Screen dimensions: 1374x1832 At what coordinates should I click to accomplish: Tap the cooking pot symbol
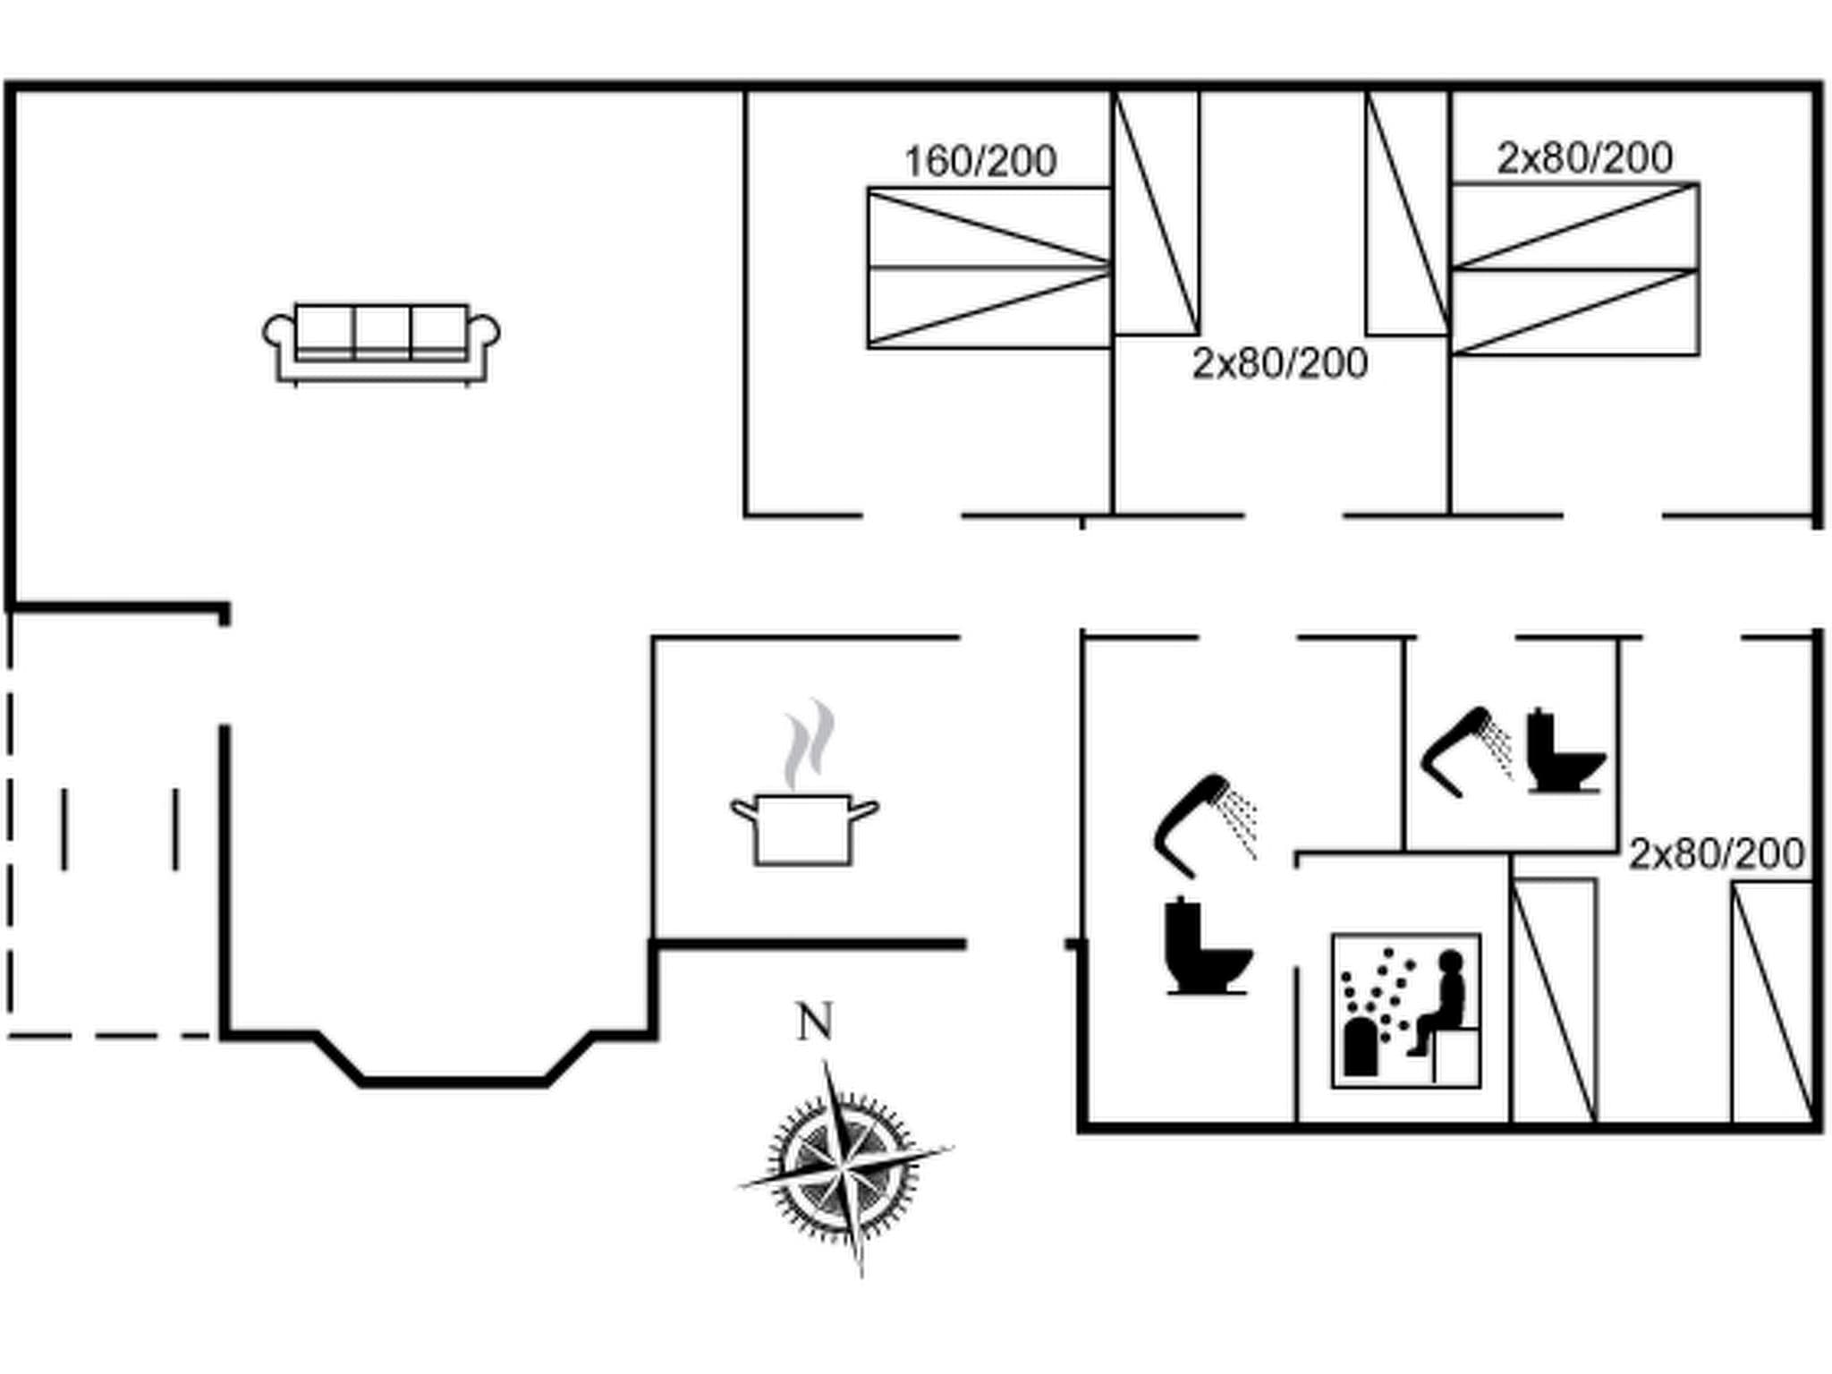[x=804, y=827]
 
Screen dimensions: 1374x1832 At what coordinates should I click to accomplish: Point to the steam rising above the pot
[x=810, y=743]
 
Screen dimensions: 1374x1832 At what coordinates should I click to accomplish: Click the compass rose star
[x=844, y=1166]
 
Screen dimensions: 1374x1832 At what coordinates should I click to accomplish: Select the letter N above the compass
[x=814, y=1022]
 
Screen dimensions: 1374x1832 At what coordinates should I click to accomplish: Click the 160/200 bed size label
[x=980, y=162]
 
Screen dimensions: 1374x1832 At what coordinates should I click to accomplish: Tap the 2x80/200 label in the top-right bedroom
[x=1584, y=158]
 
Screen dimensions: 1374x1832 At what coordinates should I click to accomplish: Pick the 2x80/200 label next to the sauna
[x=1716, y=854]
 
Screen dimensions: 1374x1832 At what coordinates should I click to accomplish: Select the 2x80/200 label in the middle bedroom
[x=1279, y=364]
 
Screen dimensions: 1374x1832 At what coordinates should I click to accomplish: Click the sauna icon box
[x=1405, y=1011]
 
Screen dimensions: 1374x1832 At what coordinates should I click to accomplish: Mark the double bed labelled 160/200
[x=988, y=267]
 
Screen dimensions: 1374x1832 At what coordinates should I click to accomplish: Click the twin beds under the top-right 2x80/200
[x=1574, y=269]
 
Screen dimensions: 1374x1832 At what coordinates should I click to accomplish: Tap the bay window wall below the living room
[x=454, y=1080]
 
